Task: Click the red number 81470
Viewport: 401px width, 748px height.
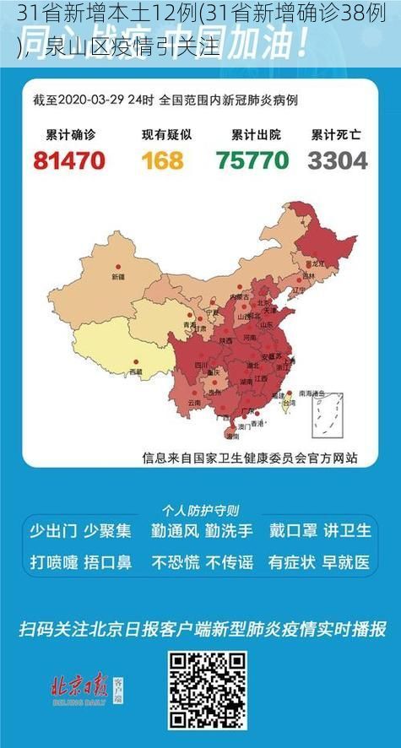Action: coord(69,160)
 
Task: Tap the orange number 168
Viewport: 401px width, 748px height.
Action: coord(162,160)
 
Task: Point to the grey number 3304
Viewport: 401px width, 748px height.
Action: coord(338,160)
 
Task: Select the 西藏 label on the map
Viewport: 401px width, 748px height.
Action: coord(135,371)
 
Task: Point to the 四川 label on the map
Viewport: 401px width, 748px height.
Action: coord(201,365)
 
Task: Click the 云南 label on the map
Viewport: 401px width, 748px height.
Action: coord(194,403)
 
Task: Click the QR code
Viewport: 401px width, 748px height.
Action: coord(207,691)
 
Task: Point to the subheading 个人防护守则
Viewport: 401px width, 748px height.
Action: coord(200,510)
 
